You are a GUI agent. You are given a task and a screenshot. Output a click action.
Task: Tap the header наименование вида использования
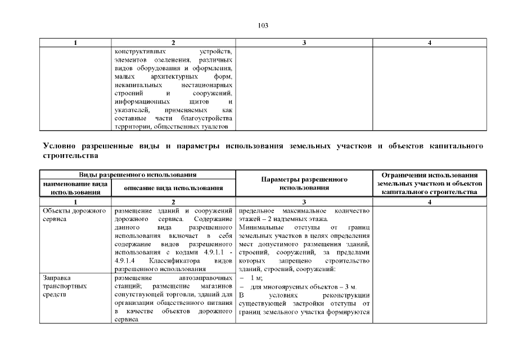[75, 188]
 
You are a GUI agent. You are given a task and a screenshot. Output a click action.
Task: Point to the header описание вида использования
[173, 188]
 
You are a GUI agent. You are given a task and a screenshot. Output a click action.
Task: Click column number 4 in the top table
[430, 43]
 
